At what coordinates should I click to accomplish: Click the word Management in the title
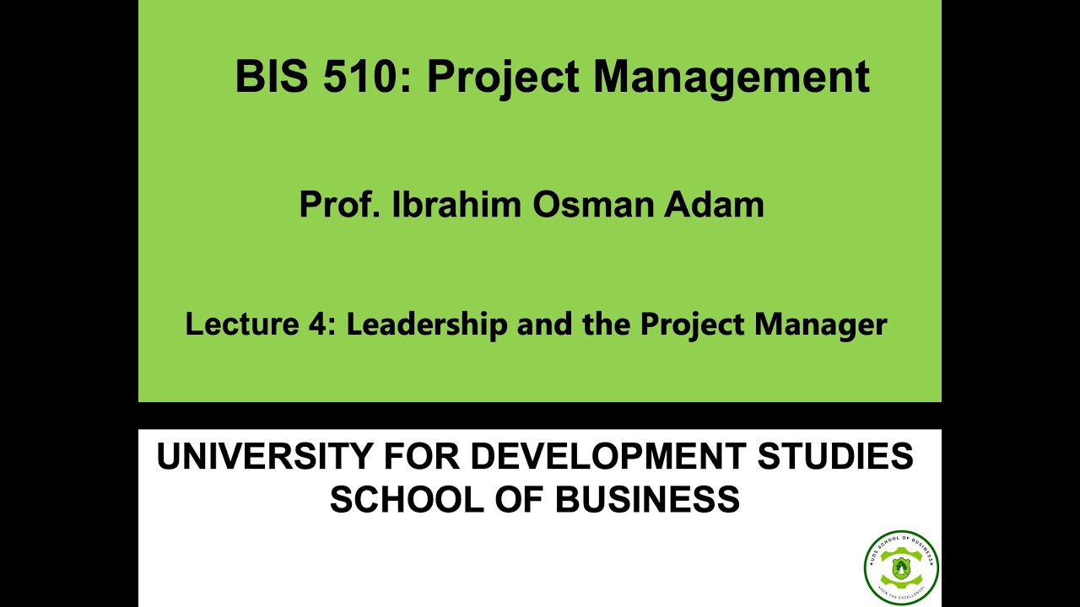[731, 76]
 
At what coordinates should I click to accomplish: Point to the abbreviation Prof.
[339, 205]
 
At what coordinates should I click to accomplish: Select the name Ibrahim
[456, 205]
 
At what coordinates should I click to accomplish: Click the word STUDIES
[835, 457]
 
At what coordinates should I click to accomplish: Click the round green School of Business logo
[901, 567]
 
